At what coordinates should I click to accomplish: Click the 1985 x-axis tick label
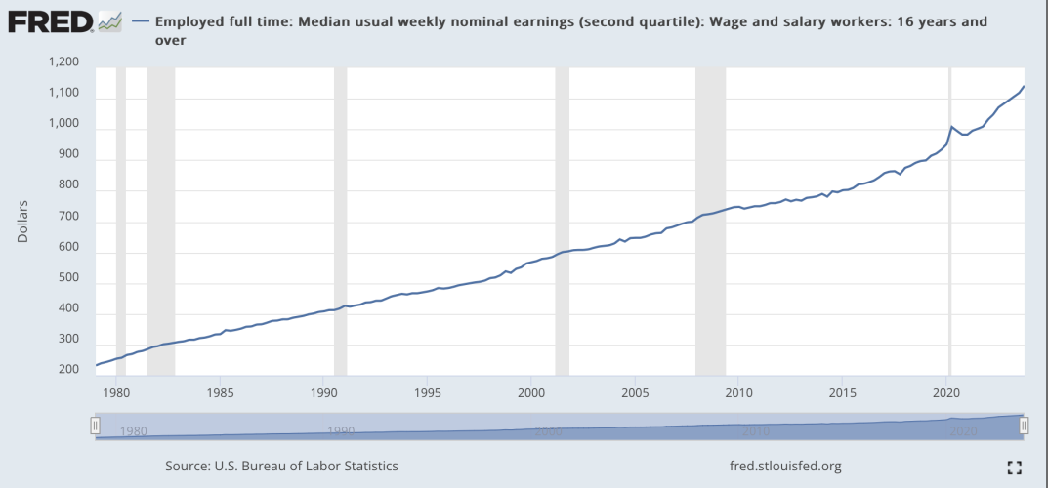tap(220, 393)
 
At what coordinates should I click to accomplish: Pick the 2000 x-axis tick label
tap(530, 393)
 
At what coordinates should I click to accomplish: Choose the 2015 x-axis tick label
tap(841, 393)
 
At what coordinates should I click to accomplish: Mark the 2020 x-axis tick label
tap(945, 393)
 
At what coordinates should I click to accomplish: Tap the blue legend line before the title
tap(140, 21)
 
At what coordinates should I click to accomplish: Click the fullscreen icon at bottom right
tap(1014, 468)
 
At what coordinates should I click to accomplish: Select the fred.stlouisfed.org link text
tap(785, 467)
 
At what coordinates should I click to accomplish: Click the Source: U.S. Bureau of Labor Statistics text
tap(281, 467)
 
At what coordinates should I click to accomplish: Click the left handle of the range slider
tap(96, 426)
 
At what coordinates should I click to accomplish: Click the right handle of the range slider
tap(1025, 426)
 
